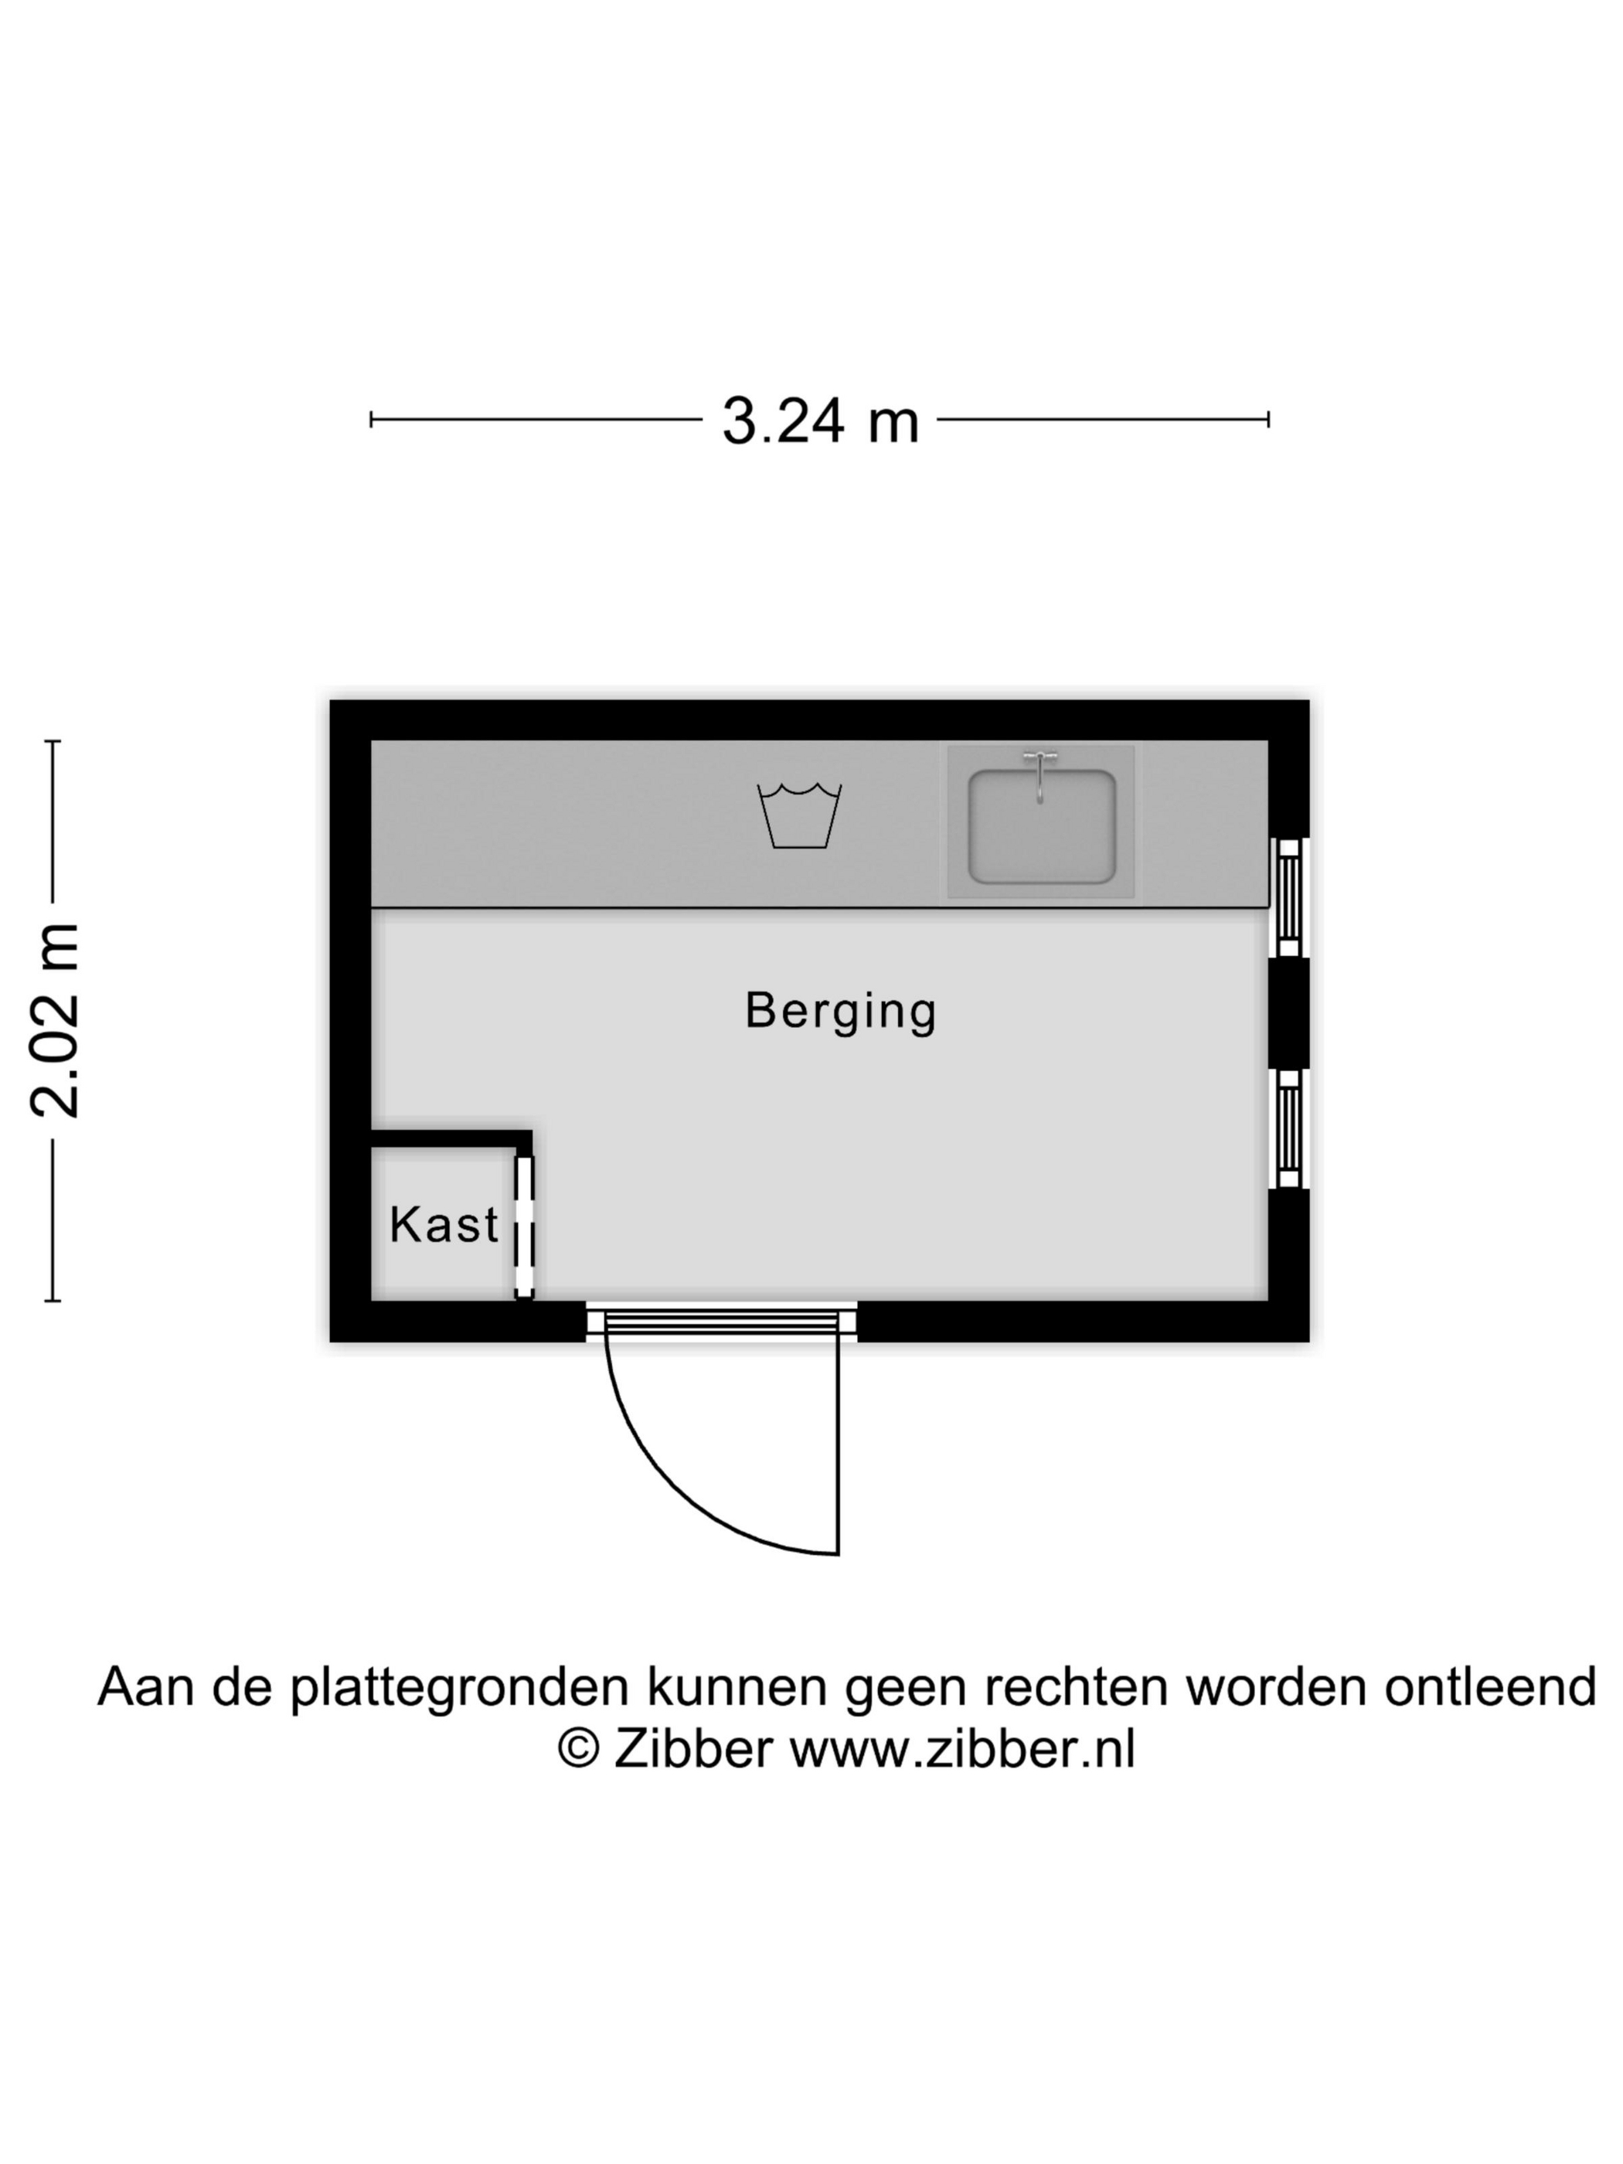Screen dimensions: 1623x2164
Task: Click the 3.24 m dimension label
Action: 820,420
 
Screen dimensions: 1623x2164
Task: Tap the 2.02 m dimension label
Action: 54,1019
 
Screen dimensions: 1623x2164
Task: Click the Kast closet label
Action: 444,1224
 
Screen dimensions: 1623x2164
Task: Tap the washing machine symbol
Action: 799,815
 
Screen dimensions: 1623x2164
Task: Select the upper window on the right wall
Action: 1288,897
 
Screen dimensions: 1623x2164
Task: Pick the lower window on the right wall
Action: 1288,1128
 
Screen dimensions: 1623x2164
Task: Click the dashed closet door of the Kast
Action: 524,1227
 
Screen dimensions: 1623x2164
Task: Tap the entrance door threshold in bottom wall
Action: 722,1322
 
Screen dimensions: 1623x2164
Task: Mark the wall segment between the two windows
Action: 1288,1012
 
